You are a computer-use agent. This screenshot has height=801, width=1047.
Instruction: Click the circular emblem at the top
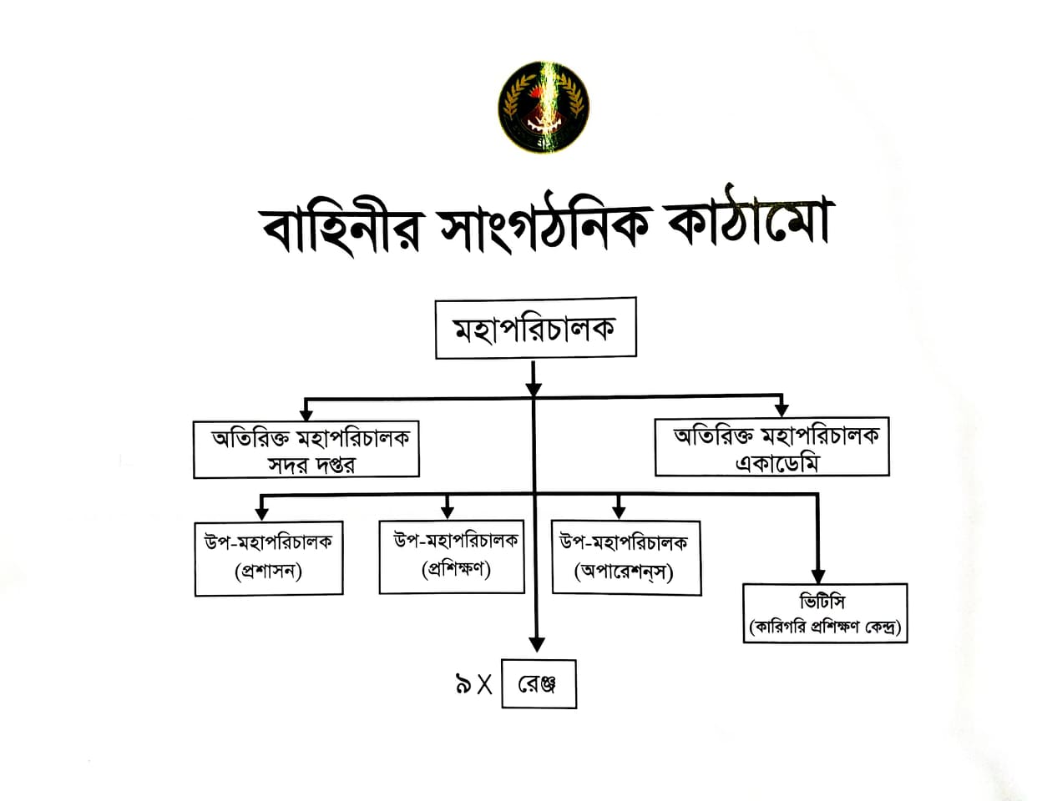tap(544, 106)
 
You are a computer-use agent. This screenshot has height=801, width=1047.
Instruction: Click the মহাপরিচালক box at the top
tap(535, 328)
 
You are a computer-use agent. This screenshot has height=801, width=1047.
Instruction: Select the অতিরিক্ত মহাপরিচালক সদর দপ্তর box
tap(306, 450)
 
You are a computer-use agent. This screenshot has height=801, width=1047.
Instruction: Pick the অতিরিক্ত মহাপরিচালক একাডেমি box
tap(771, 448)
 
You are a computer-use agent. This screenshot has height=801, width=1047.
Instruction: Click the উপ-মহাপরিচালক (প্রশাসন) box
tap(269, 558)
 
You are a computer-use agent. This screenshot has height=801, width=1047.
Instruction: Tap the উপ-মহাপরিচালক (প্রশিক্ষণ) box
tap(452, 557)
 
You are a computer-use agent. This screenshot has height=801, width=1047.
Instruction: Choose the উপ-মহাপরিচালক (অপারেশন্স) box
tap(625, 557)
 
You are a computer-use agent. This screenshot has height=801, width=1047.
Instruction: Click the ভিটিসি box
tap(825, 613)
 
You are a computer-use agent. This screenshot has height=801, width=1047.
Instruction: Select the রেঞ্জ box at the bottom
tap(539, 685)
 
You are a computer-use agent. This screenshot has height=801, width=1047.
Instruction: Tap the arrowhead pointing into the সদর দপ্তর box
tap(306, 413)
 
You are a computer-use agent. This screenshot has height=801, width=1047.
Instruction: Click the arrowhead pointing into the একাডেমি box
tap(781, 409)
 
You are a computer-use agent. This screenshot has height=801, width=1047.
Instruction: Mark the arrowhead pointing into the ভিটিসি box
tap(817, 577)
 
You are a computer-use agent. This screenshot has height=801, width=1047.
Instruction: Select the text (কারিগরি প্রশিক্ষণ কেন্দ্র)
tap(825, 626)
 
